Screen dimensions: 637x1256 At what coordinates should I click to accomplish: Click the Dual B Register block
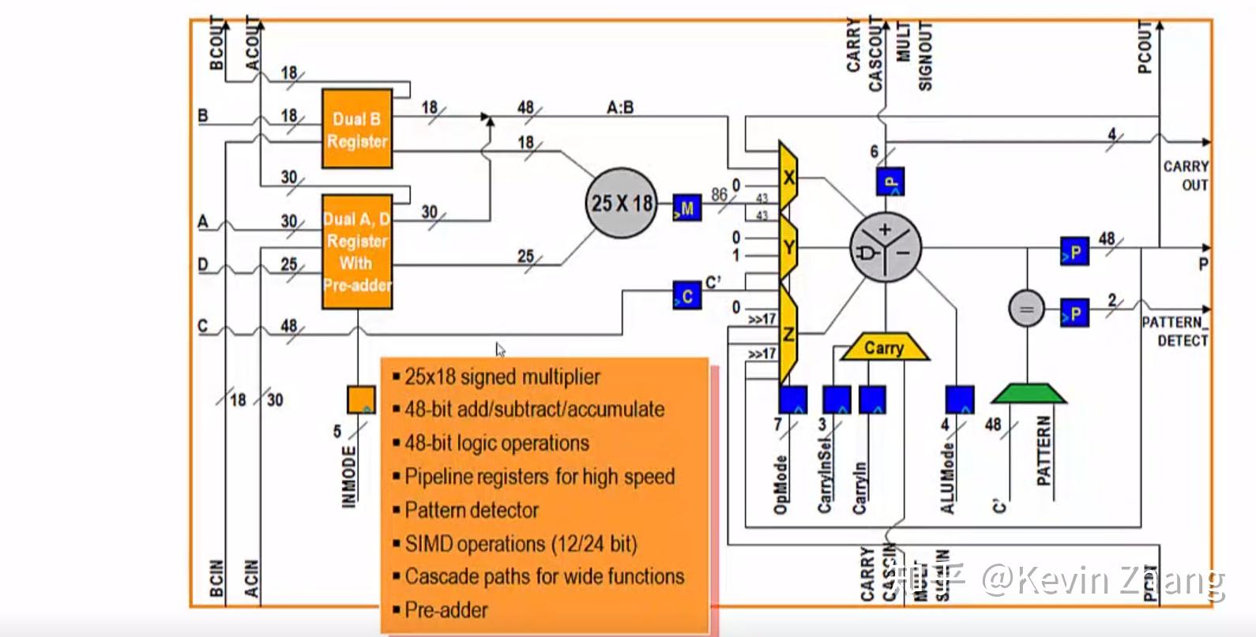357,129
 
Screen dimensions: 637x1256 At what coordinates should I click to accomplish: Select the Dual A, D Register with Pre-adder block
357,251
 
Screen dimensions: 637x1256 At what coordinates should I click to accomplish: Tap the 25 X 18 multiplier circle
622,204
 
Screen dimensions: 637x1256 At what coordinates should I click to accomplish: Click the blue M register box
686,208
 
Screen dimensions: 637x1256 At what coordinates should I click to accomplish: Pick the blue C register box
686,295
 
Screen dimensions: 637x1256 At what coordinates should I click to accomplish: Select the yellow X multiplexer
788,177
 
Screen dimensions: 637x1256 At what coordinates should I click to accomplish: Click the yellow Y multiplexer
788,248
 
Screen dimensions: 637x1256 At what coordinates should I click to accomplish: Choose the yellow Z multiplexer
788,333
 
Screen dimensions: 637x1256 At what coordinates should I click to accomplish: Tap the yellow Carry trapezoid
884,347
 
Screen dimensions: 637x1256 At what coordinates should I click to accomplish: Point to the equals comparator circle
1026,309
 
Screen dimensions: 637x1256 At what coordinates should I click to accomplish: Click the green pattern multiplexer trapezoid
1028,393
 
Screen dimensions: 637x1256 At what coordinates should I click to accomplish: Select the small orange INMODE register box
362,399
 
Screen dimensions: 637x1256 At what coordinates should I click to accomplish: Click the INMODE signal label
348,476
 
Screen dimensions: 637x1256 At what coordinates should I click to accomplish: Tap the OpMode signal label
780,484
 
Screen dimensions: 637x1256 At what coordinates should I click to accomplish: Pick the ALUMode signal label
948,478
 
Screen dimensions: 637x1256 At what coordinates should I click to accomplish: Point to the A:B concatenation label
620,107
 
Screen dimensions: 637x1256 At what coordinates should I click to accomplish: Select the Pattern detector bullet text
471,510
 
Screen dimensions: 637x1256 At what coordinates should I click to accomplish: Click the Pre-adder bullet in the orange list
446,609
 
